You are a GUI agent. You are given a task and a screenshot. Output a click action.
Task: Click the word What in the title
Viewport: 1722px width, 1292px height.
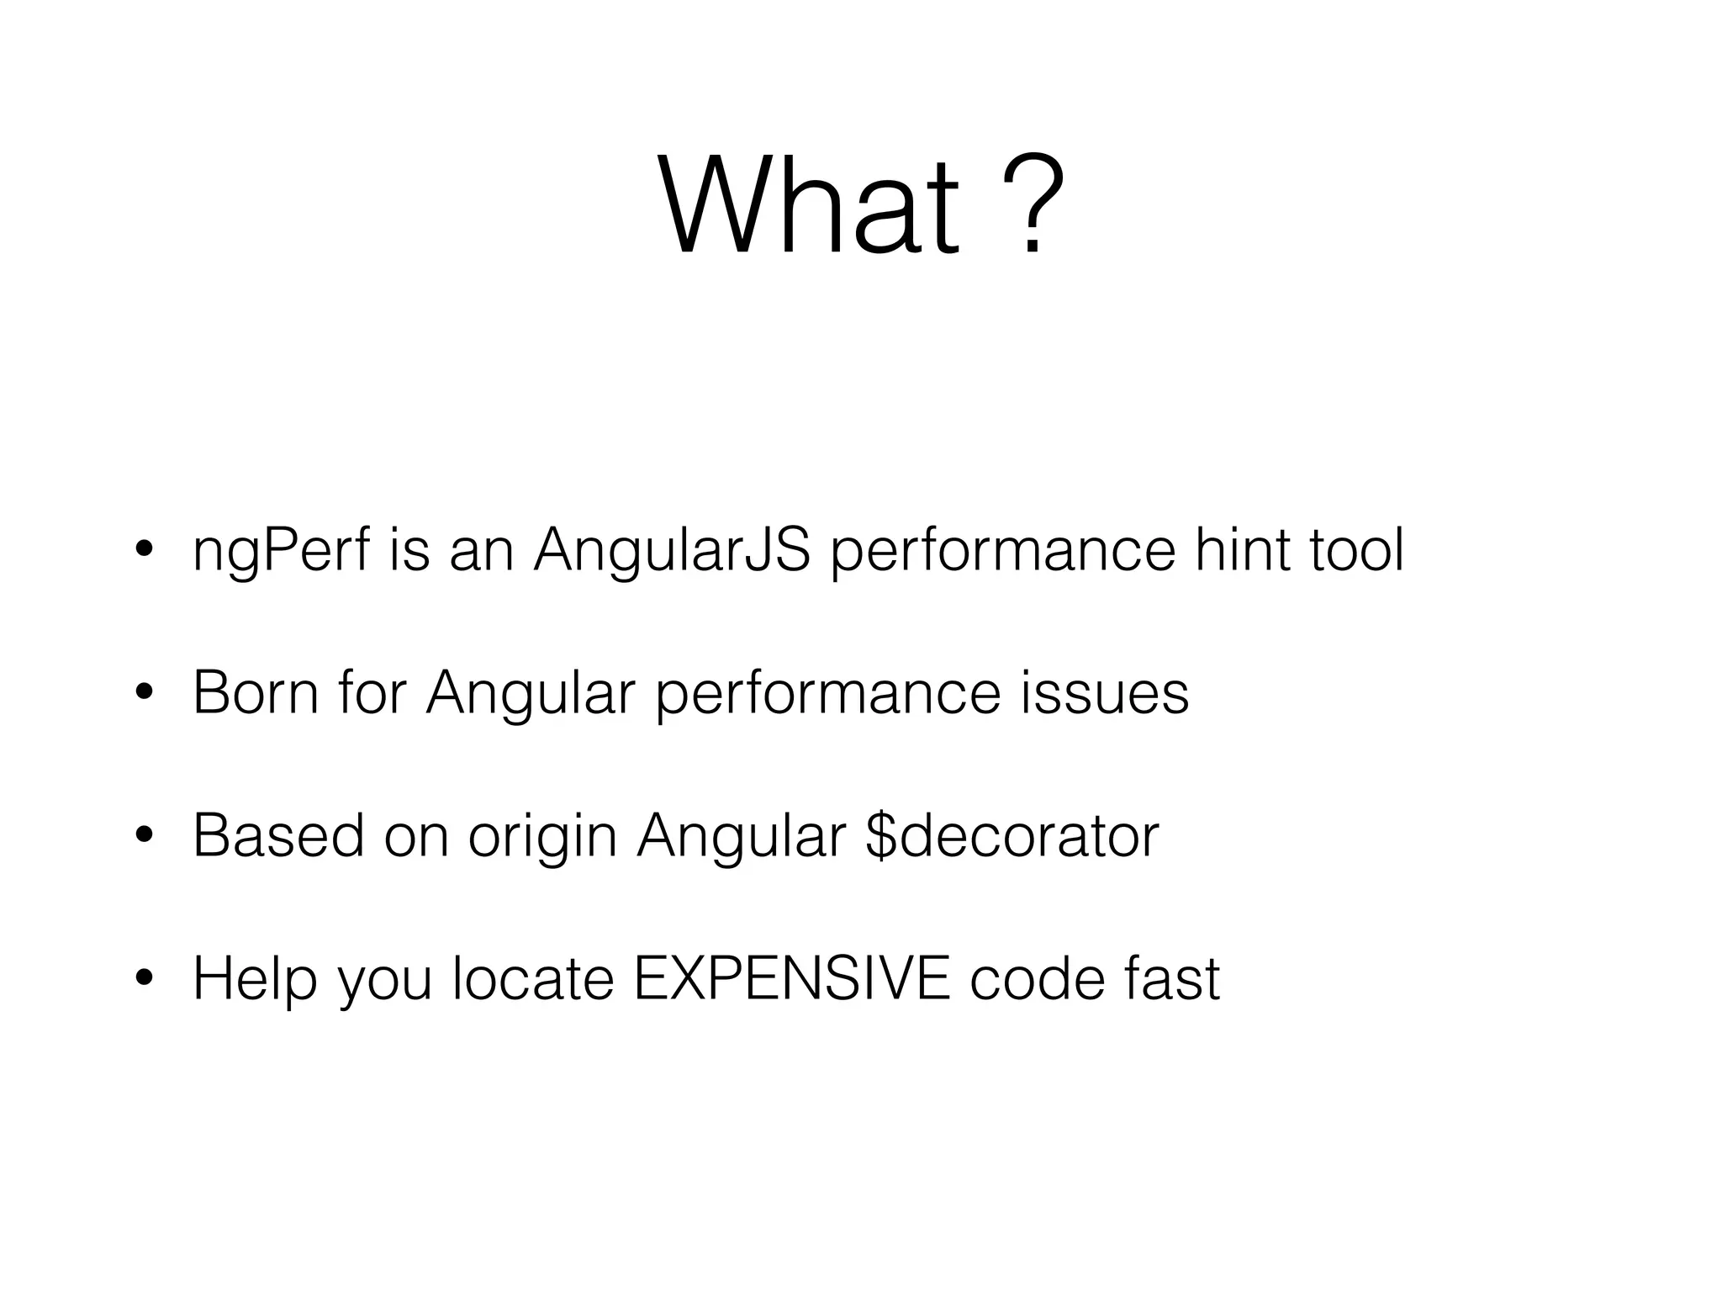tap(809, 205)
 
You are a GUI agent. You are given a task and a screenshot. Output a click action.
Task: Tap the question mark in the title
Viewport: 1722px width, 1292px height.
tap(1033, 205)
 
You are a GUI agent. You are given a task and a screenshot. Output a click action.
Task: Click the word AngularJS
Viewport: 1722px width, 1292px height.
tap(672, 551)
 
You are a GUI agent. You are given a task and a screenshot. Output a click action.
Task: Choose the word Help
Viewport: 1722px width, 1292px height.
tap(255, 980)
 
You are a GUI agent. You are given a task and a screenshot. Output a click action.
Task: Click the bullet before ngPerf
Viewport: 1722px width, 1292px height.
tap(143, 552)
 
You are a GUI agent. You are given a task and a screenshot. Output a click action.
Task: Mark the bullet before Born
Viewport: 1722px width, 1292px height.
tap(143, 694)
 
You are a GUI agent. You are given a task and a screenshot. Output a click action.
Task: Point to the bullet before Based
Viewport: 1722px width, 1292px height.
tap(143, 837)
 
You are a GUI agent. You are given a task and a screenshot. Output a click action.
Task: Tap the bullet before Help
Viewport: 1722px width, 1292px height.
tap(143, 980)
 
